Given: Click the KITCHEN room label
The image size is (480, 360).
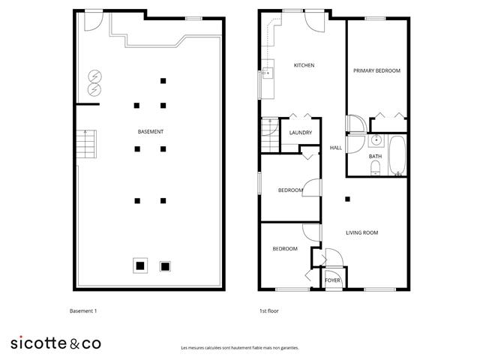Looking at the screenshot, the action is [x=304, y=65].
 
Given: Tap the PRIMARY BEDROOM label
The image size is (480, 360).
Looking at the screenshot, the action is [x=376, y=70].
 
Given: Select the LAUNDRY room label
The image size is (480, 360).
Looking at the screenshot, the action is [x=301, y=133].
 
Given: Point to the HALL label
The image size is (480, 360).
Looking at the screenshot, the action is [x=336, y=148].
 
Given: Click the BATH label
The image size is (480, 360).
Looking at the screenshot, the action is [x=375, y=157].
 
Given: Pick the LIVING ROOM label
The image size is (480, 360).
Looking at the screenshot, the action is [x=361, y=232].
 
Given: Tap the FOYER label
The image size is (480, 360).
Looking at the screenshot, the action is [x=332, y=280].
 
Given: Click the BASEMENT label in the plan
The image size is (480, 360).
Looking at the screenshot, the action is [x=150, y=132].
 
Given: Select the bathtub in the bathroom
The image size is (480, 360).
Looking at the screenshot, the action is [x=397, y=155].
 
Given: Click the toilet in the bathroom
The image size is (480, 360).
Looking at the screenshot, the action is [x=375, y=168].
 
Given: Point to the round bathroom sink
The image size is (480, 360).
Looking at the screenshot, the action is [x=376, y=141].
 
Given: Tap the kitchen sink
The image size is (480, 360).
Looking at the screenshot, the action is [x=268, y=73].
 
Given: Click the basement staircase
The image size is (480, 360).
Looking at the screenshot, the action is [x=87, y=144].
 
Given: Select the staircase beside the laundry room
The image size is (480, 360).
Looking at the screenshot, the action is [x=270, y=135].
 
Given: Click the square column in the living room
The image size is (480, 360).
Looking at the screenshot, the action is [x=347, y=199].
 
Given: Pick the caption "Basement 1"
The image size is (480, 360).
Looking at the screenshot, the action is [x=83, y=311].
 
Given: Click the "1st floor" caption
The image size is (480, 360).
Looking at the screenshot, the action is [x=269, y=311].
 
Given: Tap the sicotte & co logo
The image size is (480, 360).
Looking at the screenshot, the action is [x=55, y=343].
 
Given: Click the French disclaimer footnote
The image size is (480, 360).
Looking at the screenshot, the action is [x=240, y=348].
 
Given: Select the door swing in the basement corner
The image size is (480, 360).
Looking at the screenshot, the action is [x=94, y=22].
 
